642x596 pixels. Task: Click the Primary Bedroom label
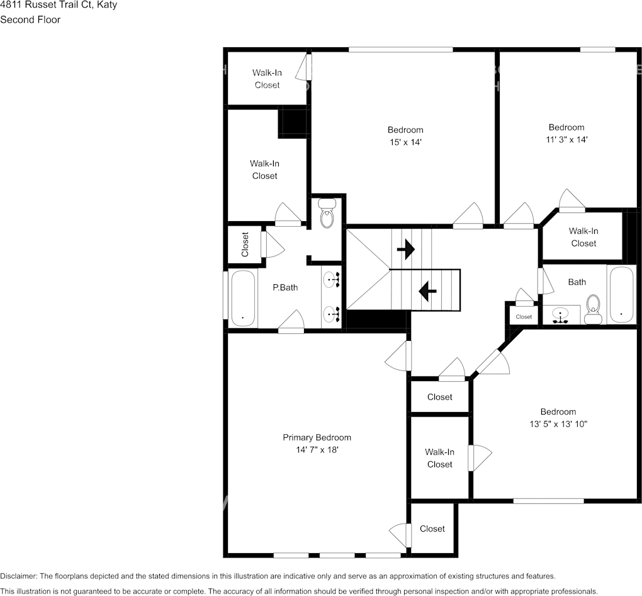point(317,437)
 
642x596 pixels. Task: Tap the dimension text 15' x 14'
point(405,142)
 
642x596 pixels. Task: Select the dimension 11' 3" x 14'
point(566,140)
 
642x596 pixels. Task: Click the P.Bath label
point(284,287)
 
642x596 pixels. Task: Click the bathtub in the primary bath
point(242,298)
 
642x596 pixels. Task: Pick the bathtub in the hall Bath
point(622,294)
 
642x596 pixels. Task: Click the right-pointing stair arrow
point(406,249)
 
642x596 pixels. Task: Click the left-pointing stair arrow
point(428,290)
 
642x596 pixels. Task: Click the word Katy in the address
point(106,5)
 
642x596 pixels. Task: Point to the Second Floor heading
point(30,20)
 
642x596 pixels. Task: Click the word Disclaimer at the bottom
point(18,576)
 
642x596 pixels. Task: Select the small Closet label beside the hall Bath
point(524,317)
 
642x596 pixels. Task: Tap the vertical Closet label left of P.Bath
point(245,244)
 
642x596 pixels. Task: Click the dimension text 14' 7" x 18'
point(317,450)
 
